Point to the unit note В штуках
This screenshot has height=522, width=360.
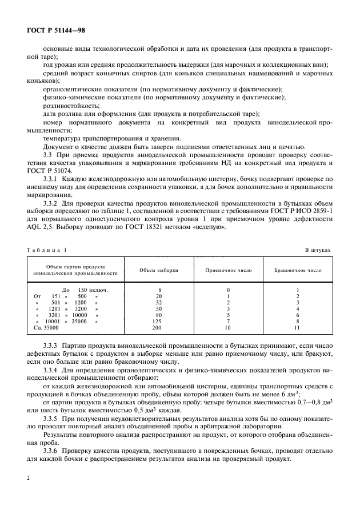coord(318,250)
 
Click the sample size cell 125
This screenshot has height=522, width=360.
coord(159,322)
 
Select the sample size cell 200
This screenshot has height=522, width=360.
coord(159,328)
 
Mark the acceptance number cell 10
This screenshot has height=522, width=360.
coord(228,328)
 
